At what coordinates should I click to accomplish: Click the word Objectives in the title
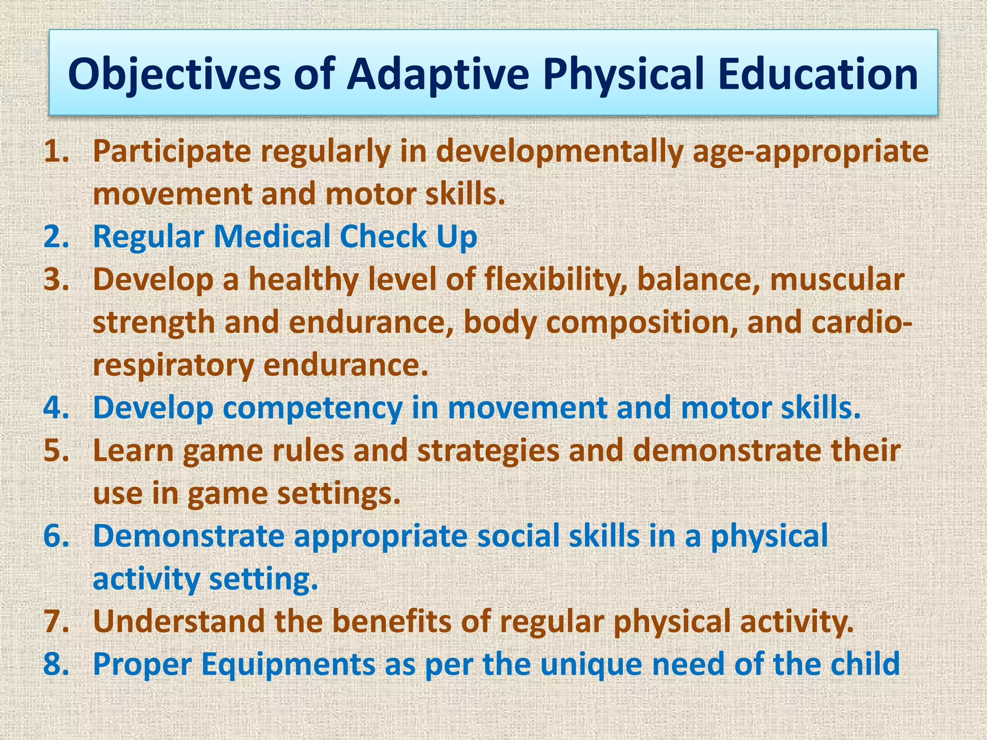pos(174,75)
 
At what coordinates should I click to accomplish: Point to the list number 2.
pos(56,237)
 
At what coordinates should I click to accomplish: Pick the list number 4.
pos(56,408)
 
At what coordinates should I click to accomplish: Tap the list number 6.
pos(56,536)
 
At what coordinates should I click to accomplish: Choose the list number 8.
pos(56,664)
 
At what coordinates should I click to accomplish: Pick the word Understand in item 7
pos(179,621)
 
